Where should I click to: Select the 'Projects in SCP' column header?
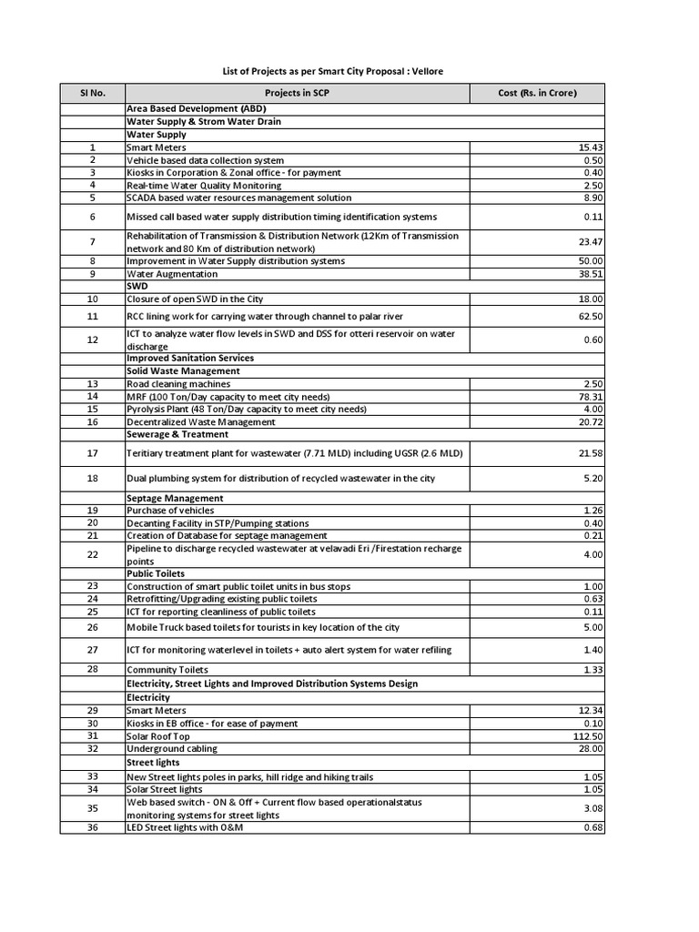pyautogui.click(x=297, y=93)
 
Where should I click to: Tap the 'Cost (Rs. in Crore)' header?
pyautogui.click(x=537, y=93)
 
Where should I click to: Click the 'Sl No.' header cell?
pyautogui.click(x=92, y=93)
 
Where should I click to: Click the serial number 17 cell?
pyautogui.click(x=92, y=453)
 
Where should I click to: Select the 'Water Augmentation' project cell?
pyautogui.click(x=172, y=274)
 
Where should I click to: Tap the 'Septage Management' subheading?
pyautogui.click(x=175, y=499)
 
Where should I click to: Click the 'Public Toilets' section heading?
pyautogui.click(x=156, y=574)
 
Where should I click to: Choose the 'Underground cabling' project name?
pyautogui.click(x=172, y=749)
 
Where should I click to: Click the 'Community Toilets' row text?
pyautogui.click(x=167, y=671)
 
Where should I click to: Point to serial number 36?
pyautogui.click(x=92, y=827)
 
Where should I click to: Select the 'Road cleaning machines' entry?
pyautogui.click(x=179, y=384)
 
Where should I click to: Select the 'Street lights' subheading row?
pyautogui.click(x=153, y=763)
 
